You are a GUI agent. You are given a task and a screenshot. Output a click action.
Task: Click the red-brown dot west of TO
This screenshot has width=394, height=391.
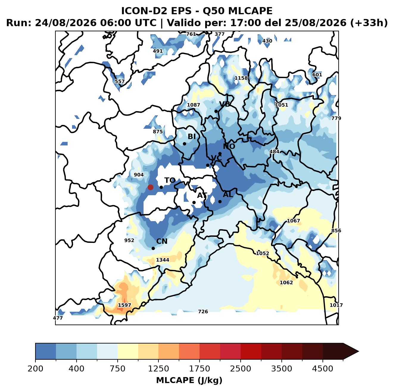click(150, 187)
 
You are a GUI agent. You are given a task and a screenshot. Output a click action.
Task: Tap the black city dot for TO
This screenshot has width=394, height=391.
click(161, 187)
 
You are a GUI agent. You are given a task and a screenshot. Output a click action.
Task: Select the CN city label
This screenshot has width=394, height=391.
click(162, 241)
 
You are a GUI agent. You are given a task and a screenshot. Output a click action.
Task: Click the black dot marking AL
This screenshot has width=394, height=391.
click(220, 201)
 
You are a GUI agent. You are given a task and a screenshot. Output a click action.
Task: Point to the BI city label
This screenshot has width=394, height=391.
click(192, 136)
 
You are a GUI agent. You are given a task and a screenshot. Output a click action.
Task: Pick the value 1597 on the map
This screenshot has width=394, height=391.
click(124, 305)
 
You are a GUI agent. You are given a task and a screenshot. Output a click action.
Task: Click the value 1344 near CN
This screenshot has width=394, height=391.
click(163, 260)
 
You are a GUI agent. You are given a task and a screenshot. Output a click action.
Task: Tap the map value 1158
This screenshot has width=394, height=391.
click(241, 78)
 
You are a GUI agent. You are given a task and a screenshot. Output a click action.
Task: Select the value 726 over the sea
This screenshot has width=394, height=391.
click(203, 312)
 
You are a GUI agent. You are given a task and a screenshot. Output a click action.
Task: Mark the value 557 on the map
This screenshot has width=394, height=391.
click(120, 81)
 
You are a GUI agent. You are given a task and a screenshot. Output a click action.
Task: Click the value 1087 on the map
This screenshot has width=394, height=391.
click(193, 105)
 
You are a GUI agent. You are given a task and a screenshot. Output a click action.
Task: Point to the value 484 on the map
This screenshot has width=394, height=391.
click(274, 152)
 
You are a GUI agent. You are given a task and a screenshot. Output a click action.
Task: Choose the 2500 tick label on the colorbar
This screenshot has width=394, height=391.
click(240, 369)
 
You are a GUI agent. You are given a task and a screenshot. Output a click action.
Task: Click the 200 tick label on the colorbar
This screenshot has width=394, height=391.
click(35, 369)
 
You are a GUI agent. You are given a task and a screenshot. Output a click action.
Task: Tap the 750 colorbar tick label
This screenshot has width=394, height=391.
click(118, 369)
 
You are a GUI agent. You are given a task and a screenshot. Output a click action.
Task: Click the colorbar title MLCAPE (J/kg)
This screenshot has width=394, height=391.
click(189, 381)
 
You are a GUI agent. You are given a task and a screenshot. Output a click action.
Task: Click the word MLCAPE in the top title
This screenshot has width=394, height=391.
click(250, 11)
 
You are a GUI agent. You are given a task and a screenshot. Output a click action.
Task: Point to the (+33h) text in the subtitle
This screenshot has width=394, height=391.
click(369, 23)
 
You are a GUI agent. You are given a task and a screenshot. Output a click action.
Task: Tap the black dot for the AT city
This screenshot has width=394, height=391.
click(194, 203)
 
